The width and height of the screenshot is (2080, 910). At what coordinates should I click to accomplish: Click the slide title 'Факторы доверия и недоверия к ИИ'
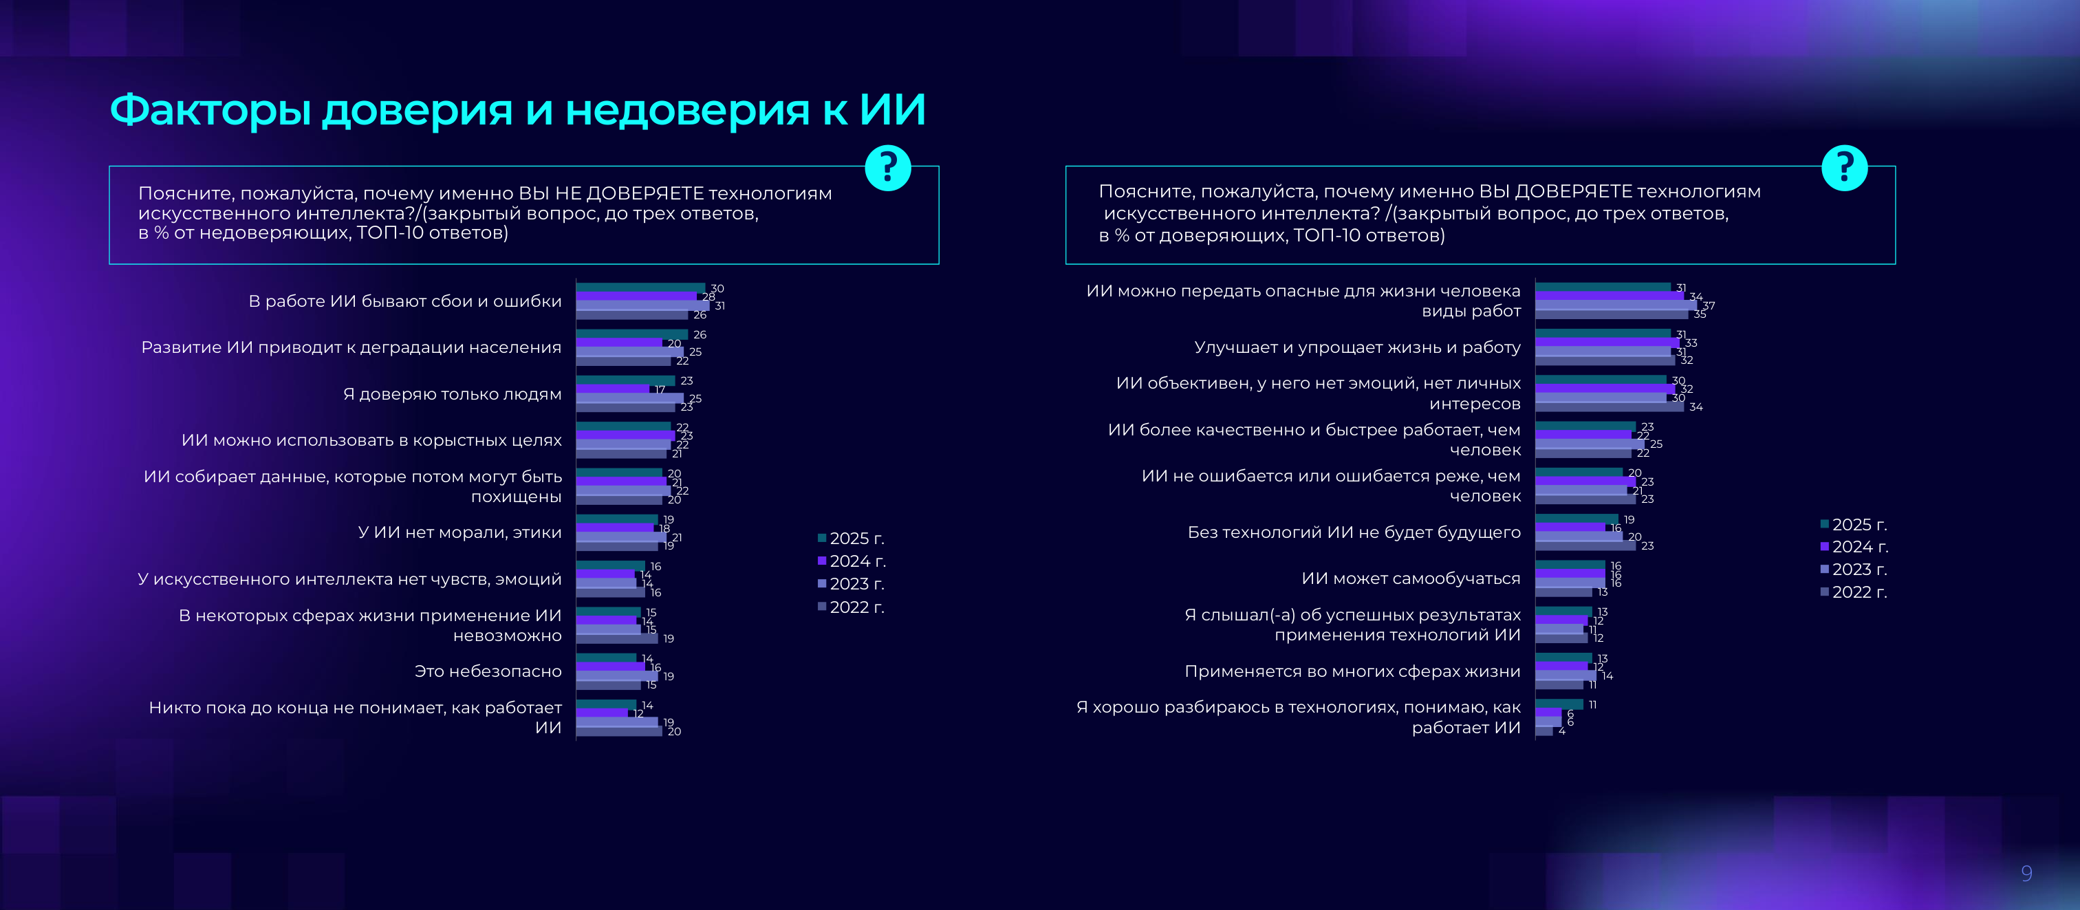[517, 110]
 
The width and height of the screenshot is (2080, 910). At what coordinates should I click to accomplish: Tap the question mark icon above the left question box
[887, 168]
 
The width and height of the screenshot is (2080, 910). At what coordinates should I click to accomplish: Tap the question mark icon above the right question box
[1844, 168]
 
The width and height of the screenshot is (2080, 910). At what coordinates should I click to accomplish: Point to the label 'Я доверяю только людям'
[452, 394]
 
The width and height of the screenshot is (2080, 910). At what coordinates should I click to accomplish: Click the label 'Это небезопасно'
[488, 671]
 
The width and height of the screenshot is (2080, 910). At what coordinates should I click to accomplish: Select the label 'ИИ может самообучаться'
[1410, 578]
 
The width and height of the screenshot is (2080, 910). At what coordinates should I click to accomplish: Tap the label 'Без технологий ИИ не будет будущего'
[1353, 532]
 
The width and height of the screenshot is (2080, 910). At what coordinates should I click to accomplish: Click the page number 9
[2026, 873]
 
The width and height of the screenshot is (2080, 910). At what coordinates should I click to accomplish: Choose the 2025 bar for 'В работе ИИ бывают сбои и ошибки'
[640, 288]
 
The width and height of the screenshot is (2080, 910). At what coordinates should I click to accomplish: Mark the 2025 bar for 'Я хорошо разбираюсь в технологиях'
[1559, 704]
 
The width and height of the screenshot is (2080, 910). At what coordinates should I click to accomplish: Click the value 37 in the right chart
[1709, 305]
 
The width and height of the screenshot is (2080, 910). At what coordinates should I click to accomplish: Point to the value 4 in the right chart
[1561, 730]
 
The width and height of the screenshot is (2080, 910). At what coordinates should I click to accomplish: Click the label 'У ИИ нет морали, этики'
[459, 532]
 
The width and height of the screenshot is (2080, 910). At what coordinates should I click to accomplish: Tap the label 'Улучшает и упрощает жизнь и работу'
[1356, 347]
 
